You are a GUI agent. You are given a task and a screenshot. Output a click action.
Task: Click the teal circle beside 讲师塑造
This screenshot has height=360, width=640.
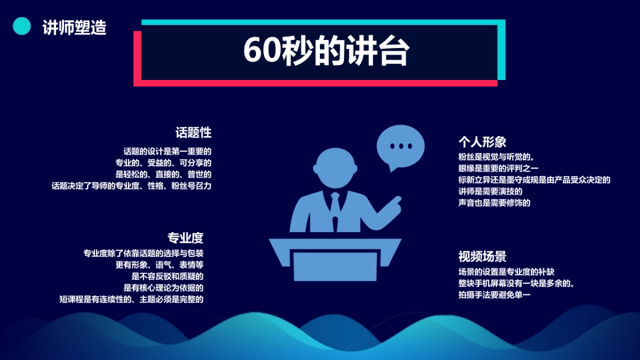[22, 26]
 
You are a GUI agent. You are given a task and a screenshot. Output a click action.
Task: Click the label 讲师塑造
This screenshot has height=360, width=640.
[74, 27]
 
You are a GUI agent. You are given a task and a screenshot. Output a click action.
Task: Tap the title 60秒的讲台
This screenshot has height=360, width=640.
[326, 51]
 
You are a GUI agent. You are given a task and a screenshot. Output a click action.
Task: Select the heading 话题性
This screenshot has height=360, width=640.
[194, 132]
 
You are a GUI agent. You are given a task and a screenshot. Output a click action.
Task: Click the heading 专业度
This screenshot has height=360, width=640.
[186, 238]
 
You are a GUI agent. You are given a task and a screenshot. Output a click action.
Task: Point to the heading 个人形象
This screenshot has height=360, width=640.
[482, 142]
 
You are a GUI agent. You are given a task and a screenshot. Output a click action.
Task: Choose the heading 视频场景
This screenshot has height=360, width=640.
[482, 256]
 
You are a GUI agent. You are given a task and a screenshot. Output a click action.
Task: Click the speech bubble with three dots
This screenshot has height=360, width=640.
[401, 146]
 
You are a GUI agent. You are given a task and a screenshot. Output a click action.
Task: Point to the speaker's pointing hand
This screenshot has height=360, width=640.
[395, 202]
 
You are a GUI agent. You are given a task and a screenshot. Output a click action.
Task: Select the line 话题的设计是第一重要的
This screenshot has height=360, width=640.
[167, 151]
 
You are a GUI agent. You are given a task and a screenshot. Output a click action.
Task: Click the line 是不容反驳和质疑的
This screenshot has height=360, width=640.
[167, 276]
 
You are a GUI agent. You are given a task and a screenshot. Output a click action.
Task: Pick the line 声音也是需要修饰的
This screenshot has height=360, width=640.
[494, 203]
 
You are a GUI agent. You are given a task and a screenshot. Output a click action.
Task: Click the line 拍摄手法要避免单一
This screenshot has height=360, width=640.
[495, 294]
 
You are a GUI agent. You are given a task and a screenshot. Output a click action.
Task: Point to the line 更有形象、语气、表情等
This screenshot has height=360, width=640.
[159, 265]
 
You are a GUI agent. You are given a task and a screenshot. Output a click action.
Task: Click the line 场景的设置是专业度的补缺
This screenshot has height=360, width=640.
[506, 271]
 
